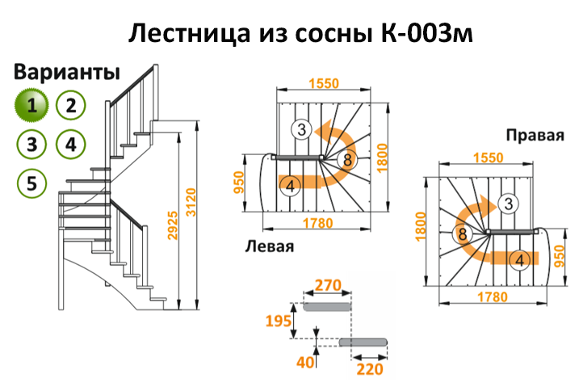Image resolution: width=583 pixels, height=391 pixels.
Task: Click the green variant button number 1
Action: (x=31, y=105)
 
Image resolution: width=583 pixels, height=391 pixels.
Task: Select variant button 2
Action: (x=71, y=105)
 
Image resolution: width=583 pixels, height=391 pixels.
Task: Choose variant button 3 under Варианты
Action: (x=31, y=145)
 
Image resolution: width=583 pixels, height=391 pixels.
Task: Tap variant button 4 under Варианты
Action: (x=71, y=145)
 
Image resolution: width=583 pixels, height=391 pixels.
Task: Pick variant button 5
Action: (x=31, y=183)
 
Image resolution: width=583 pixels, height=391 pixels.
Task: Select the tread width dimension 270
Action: (x=328, y=285)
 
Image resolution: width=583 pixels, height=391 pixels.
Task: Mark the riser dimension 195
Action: (x=279, y=322)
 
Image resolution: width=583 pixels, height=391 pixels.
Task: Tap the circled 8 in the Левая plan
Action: (x=347, y=159)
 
